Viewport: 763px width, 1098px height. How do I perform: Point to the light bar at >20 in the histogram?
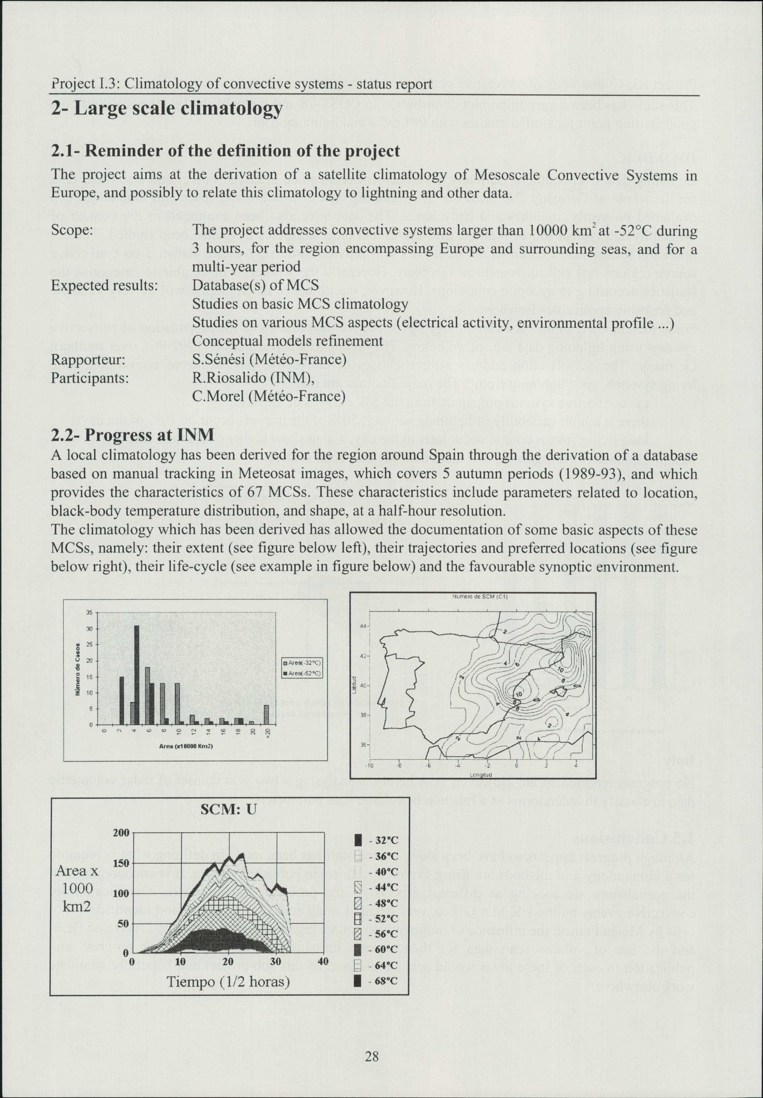click(266, 715)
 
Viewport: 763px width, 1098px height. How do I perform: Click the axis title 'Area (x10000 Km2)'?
click(186, 746)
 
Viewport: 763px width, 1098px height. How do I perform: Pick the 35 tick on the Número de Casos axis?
click(89, 613)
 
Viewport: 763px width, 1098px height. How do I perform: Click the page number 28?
click(372, 1056)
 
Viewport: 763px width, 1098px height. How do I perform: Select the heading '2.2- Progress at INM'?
click(132, 435)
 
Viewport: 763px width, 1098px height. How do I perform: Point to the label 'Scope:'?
click(72, 230)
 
